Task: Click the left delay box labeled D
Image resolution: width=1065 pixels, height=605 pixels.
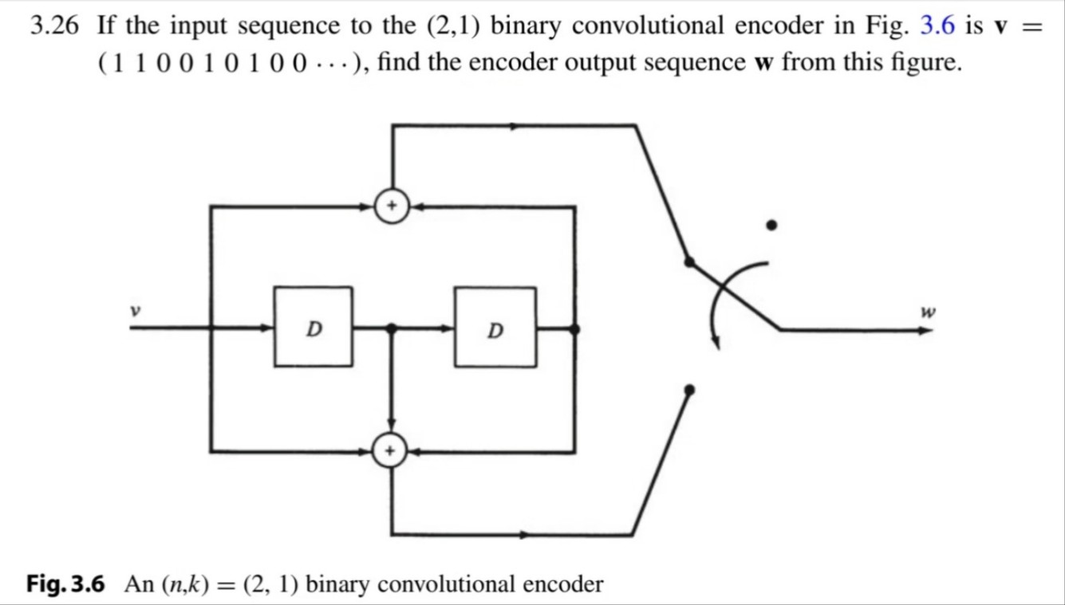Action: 314,327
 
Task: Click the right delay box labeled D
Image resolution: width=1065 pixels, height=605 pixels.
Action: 495,328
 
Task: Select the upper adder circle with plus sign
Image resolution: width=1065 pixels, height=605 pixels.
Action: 391,207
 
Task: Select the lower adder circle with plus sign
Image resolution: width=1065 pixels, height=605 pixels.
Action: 391,452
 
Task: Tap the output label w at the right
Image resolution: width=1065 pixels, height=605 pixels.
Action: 927,312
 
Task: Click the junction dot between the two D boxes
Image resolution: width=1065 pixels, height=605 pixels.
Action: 391,328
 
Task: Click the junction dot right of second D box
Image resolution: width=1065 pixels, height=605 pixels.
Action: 574,328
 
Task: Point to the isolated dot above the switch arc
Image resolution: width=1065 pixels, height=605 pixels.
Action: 771,226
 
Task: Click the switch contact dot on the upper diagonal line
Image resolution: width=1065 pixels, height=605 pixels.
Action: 689,261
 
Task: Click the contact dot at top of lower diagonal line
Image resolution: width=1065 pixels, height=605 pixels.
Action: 689,389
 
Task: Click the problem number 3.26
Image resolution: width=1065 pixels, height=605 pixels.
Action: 54,27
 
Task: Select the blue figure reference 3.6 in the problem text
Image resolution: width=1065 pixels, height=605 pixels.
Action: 937,27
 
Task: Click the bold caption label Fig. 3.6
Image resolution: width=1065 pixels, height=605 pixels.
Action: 65,584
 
